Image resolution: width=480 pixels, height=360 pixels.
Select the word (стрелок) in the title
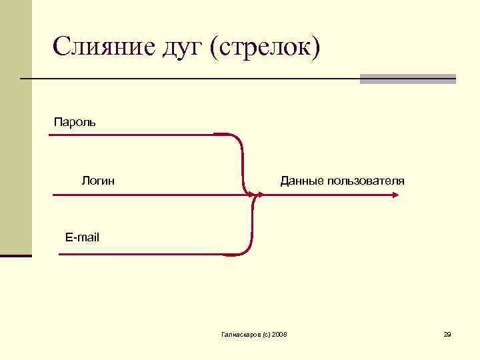click(265, 48)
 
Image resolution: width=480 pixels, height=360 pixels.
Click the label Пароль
click(75, 122)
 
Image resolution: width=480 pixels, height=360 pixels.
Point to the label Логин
click(98, 180)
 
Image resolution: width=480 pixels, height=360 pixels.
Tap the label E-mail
click(82, 237)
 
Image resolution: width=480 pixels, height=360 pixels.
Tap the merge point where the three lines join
click(254, 195)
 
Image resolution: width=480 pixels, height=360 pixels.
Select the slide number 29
click(447, 333)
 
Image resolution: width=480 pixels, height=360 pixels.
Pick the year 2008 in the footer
click(280, 333)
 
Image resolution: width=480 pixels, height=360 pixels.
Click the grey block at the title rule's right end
click(407, 79)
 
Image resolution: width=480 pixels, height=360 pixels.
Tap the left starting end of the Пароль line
click(50, 135)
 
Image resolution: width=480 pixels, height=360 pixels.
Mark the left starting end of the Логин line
click(53, 195)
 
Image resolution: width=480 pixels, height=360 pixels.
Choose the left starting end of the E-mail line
click(60, 254)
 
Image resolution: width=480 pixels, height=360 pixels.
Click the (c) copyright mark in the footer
click(265, 333)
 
